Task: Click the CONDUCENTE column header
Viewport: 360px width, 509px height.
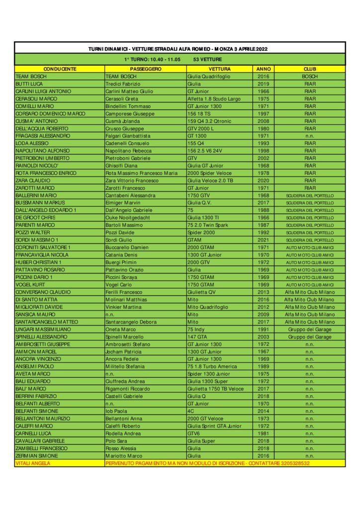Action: pyautogui.click(x=60, y=69)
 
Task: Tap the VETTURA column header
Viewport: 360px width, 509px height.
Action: pyautogui.click(x=219, y=69)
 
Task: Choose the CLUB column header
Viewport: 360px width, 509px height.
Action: pyautogui.click(x=310, y=69)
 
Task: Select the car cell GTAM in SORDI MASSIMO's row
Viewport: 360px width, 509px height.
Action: pyautogui.click(x=194, y=240)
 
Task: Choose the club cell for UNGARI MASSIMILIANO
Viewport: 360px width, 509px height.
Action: pyautogui.click(x=310, y=329)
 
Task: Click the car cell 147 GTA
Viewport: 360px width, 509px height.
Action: pyautogui.click(x=197, y=337)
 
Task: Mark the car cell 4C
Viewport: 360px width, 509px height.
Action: pyautogui.click(x=190, y=411)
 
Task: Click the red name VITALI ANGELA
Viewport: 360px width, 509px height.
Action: pyautogui.click(x=33, y=463)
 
